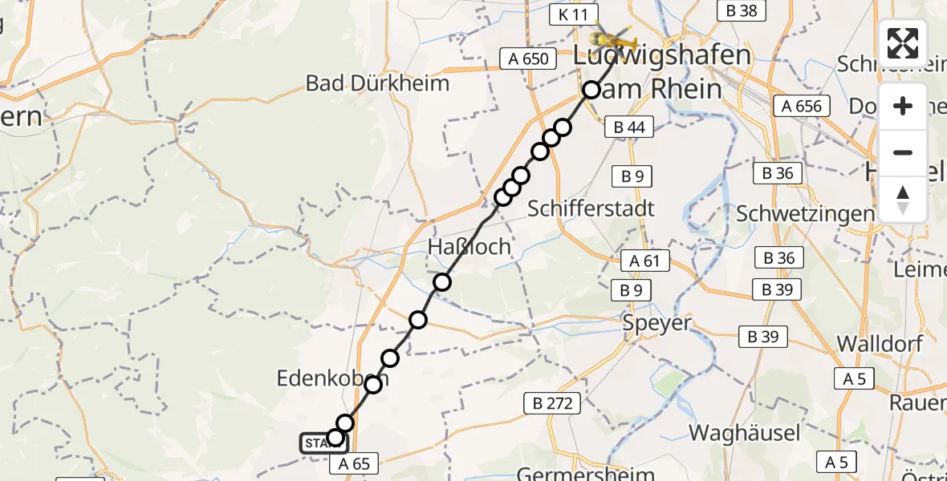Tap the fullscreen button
coord(903,43)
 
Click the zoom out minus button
coord(903,152)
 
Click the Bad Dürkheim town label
coord(377,83)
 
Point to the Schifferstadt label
coord(591,208)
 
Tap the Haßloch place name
coord(469,247)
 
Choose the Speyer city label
coord(656,323)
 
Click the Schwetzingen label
coord(805,214)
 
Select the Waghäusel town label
coord(744,434)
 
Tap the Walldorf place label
coord(881,343)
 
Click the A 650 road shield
coord(528,59)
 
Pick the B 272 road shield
coord(553,403)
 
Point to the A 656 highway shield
coord(799,106)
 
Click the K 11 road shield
coord(574,14)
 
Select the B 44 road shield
coord(629,126)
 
